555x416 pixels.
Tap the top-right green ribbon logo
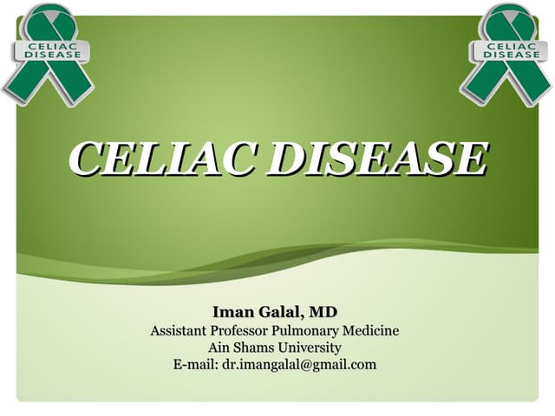pos(506,54)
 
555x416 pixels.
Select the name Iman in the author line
pos(231,311)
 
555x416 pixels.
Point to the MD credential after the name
pos(324,311)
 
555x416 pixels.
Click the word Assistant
pos(182,330)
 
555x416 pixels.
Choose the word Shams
pos(259,348)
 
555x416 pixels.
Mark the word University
pos(311,348)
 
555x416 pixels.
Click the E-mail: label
pos(195,364)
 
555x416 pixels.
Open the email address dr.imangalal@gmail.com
pos(299,364)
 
